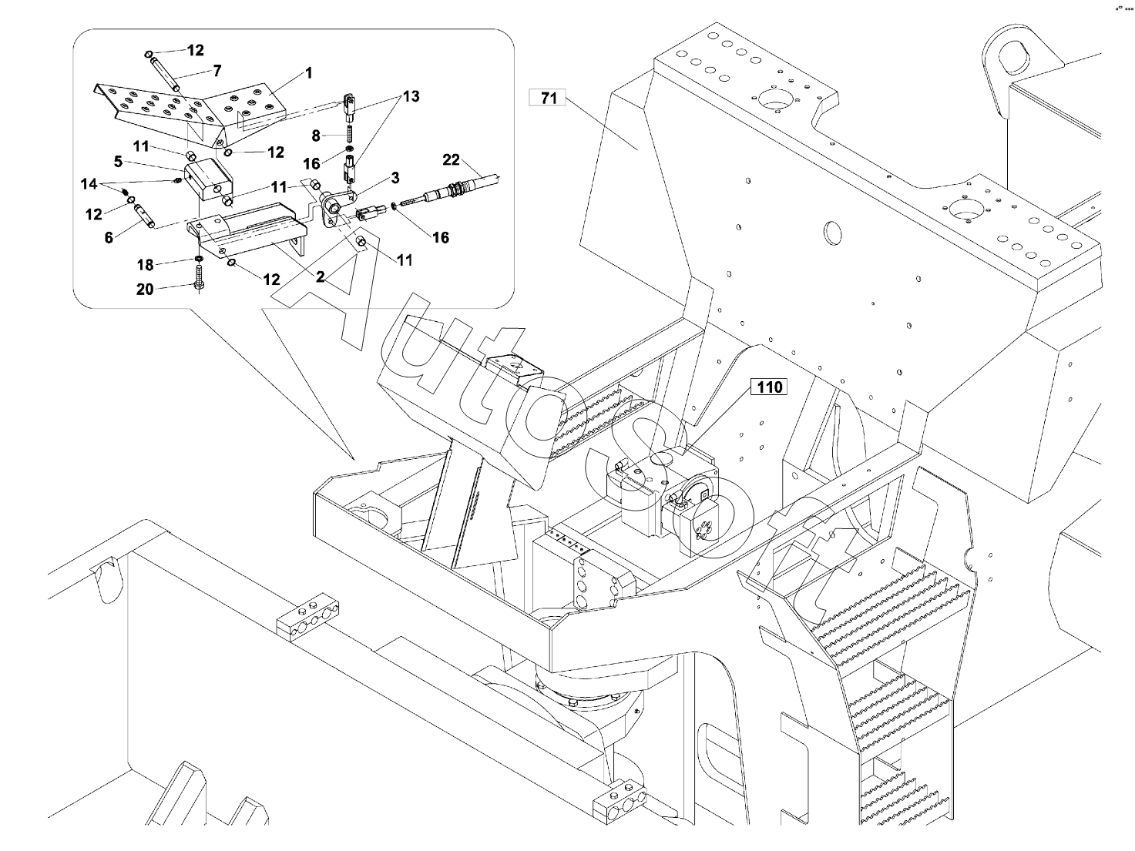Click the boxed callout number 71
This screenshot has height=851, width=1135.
(x=548, y=98)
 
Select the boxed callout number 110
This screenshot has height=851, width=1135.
(x=769, y=387)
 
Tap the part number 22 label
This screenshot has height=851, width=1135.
(x=451, y=160)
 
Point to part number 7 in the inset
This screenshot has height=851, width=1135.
(x=217, y=71)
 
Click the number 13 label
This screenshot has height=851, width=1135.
(x=411, y=96)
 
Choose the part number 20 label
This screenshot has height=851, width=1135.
(x=145, y=289)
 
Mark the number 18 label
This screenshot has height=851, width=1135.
(x=146, y=265)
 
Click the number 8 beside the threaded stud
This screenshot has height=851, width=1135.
(x=316, y=136)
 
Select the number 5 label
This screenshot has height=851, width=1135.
(x=118, y=162)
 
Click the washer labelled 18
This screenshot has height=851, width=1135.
(x=199, y=257)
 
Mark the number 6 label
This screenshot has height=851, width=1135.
(x=109, y=238)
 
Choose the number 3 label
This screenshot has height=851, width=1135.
(x=395, y=178)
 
